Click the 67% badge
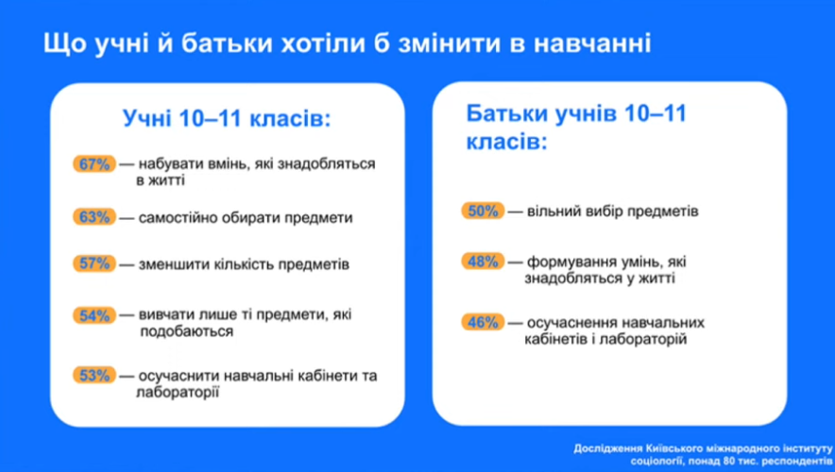(94, 164)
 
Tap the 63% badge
(94, 218)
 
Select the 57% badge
(94, 264)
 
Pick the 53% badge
(94, 376)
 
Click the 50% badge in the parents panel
(482, 211)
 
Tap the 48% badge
(482, 261)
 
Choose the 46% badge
(482, 323)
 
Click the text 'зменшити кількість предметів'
(244, 264)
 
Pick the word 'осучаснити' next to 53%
(179, 376)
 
